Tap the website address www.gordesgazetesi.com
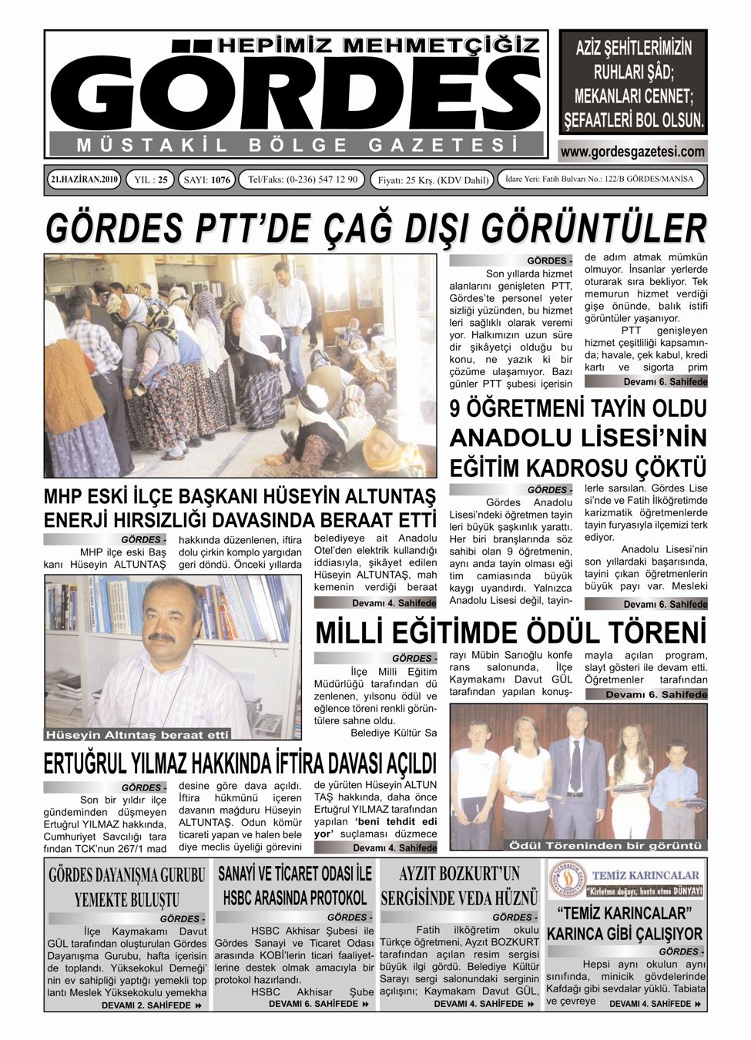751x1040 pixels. (632, 152)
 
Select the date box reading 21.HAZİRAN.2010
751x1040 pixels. (82, 179)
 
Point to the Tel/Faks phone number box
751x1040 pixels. (302, 179)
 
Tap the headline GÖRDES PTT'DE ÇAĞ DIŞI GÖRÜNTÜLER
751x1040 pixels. (375, 228)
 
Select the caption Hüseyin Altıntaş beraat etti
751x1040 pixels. (138, 733)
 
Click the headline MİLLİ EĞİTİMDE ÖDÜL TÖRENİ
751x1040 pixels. (511, 632)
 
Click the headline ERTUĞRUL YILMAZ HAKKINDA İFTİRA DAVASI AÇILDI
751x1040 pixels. (240, 763)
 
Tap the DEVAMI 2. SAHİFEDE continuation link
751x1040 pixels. (151, 1005)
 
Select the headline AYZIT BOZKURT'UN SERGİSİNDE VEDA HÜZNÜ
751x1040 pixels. (459, 885)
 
